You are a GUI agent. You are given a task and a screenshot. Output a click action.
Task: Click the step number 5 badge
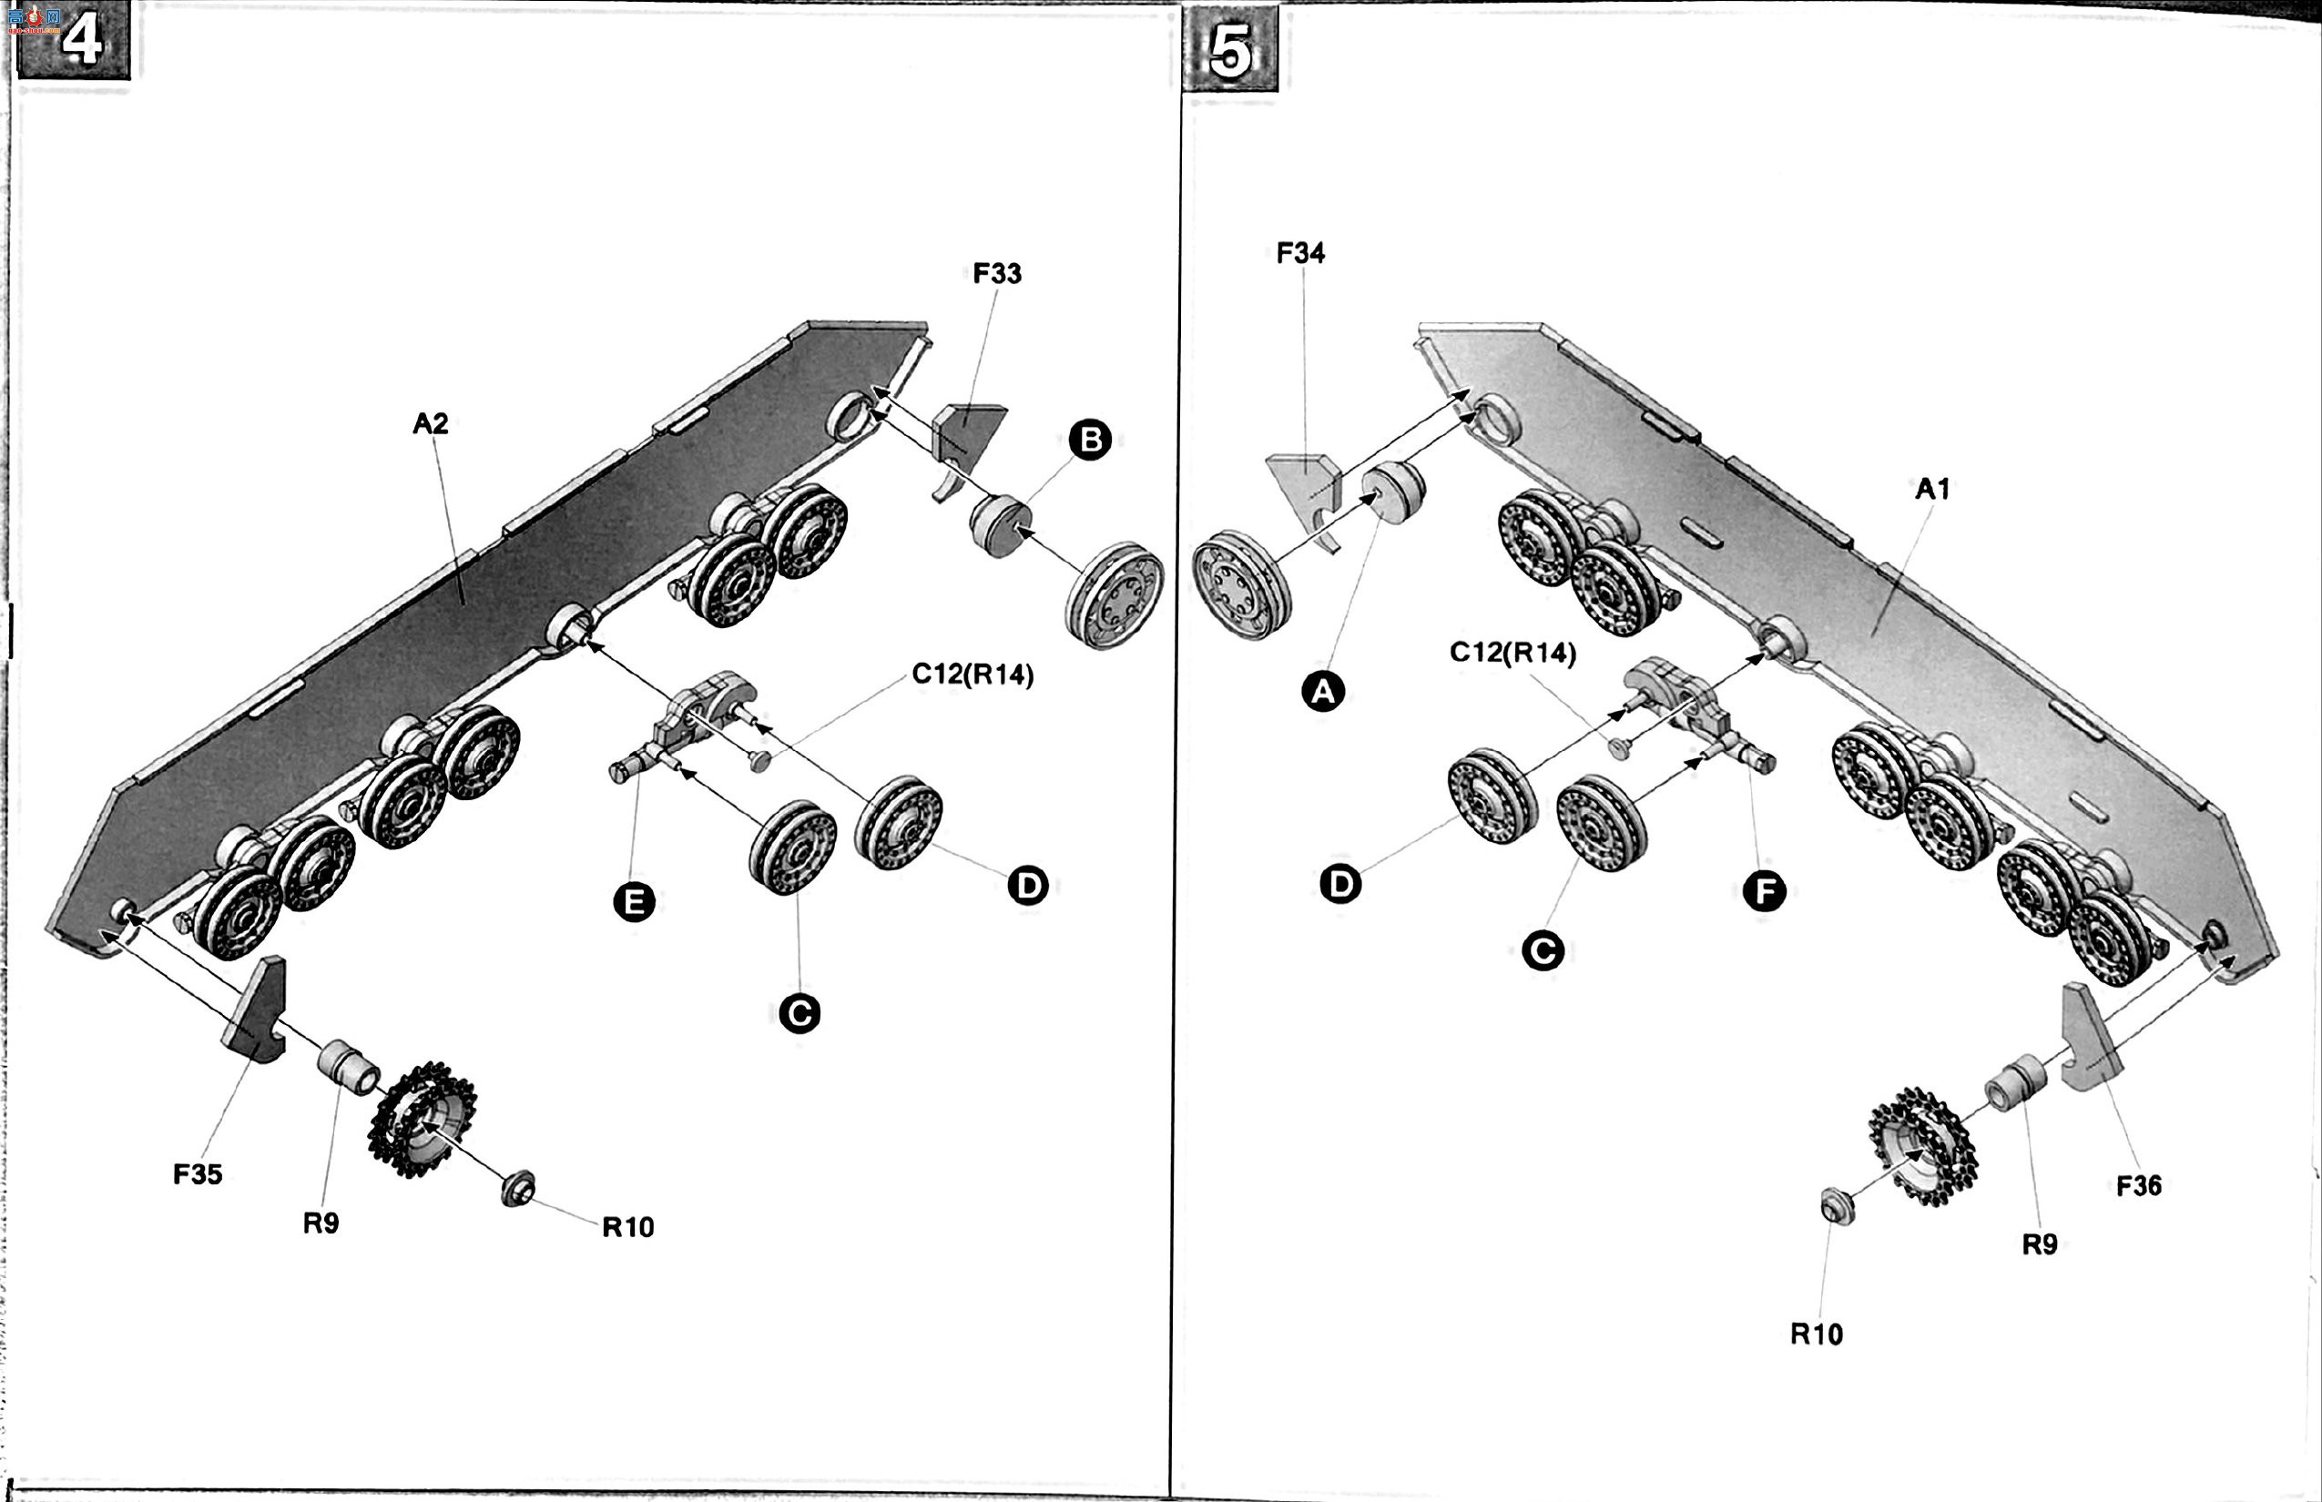coord(1230,49)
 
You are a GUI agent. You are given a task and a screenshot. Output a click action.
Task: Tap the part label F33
coord(997,273)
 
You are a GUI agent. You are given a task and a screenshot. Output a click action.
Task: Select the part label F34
coord(1300,253)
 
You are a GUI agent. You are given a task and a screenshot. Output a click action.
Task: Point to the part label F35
coord(199,1174)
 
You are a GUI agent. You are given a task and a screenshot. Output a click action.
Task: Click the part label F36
coord(2139,1186)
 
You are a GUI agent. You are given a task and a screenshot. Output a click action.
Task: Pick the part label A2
coord(430,423)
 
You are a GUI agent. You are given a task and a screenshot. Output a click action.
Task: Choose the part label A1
coord(1932,489)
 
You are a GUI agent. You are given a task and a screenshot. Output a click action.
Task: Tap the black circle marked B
coord(1091,440)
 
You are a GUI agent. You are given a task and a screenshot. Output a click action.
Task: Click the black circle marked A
coord(1323,692)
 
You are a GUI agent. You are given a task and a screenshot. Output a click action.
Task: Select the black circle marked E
coord(634,902)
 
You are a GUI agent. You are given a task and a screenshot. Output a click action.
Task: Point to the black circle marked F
coord(1765,890)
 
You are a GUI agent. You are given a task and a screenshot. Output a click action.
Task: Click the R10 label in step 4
coord(628,1227)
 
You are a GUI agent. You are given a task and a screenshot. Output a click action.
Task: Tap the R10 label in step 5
coord(1817,1335)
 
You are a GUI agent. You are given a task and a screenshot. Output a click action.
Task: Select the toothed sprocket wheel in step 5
coord(1923,1146)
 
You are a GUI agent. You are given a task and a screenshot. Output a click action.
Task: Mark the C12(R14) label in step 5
coord(1513,653)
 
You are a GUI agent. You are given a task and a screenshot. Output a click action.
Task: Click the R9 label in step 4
coord(321,1223)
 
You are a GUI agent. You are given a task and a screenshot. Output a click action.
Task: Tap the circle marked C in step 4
coord(800,1014)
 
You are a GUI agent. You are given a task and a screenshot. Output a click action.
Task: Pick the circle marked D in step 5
coord(1340,884)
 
